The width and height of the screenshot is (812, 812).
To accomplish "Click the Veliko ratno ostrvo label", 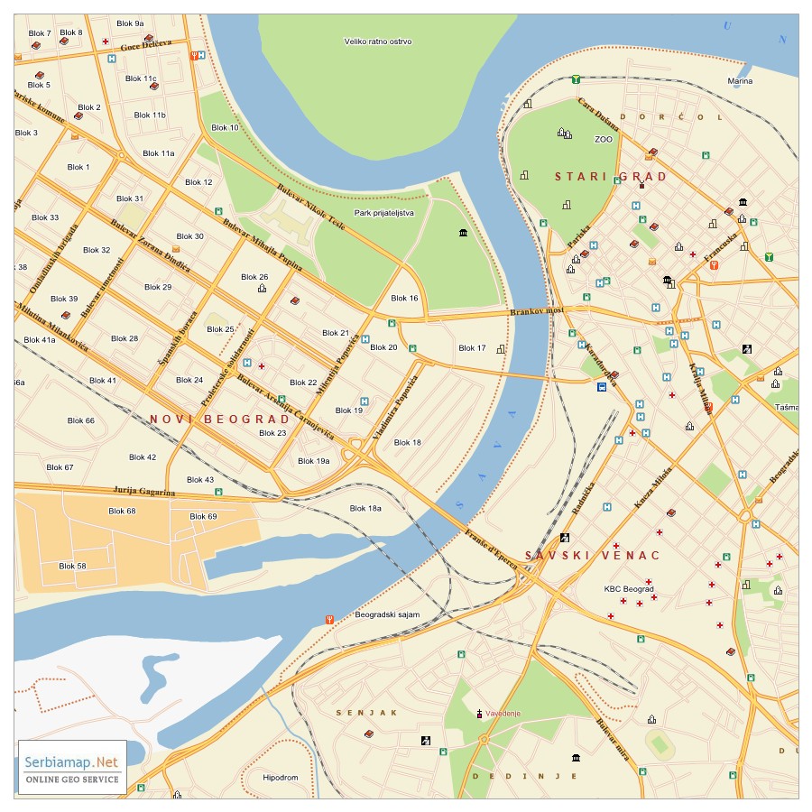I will pyautogui.click(x=378, y=42).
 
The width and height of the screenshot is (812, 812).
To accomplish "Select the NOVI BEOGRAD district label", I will pyautogui.click(x=220, y=420).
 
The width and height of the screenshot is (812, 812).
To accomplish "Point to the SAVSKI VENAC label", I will pyautogui.click(x=593, y=556).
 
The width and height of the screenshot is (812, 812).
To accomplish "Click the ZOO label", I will pyautogui.click(x=603, y=140).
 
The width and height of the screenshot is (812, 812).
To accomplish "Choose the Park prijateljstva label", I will pyautogui.click(x=384, y=213).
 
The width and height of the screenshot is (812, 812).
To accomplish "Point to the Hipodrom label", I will pyautogui.click(x=280, y=777).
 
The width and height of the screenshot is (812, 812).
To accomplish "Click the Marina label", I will pyautogui.click(x=740, y=81).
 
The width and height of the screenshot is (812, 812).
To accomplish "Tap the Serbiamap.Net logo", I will pyautogui.click(x=72, y=767).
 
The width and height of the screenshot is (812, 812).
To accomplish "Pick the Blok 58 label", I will pyautogui.click(x=72, y=566).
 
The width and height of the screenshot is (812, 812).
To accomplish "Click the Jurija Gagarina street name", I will pyautogui.click(x=143, y=491).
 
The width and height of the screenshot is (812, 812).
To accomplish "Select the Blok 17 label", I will pyautogui.click(x=472, y=348).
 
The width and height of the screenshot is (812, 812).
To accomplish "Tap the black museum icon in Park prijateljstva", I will pyautogui.click(x=463, y=234).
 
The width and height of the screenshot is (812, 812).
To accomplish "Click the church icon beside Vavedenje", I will pyautogui.click(x=480, y=714).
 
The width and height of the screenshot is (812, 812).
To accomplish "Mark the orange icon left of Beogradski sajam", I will pyautogui.click(x=330, y=619).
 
